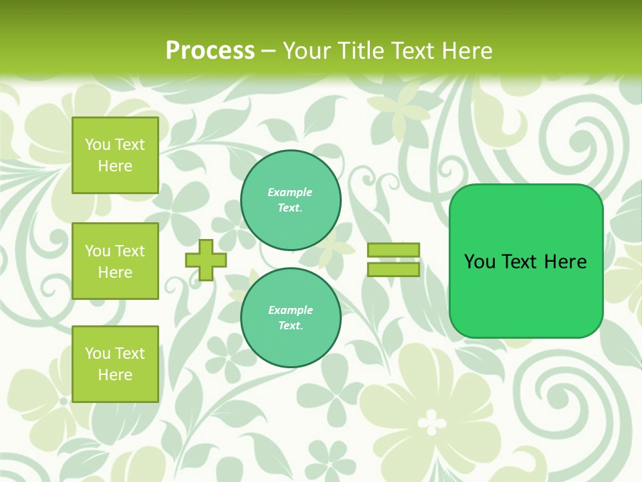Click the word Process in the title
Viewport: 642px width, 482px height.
(x=210, y=51)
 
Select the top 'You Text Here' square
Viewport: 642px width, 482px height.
(x=115, y=155)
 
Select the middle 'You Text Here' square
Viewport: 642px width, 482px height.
(x=115, y=261)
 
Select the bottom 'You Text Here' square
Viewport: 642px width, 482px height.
(x=115, y=364)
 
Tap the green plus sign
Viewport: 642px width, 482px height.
(x=206, y=260)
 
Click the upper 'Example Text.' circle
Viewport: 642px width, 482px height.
(x=290, y=200)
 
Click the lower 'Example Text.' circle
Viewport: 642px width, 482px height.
(x=290, y=318)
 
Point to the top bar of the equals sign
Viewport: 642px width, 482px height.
(x=393, y=250)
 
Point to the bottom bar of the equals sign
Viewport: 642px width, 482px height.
(x=393, y=270)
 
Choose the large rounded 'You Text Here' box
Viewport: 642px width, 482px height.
(x=526, y=261)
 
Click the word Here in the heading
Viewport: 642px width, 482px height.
(x=467, y=51)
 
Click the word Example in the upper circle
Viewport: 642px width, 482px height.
(x=290, y=193)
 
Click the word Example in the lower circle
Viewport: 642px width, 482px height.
(x=290, y=311)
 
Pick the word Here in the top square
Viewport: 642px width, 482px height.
(x=115, y=167)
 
